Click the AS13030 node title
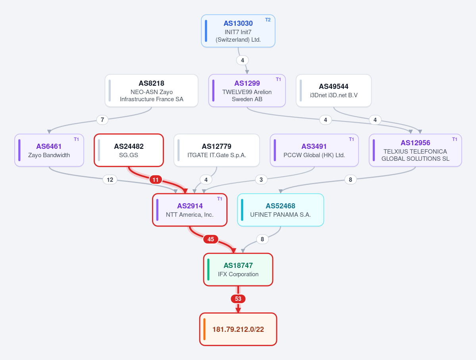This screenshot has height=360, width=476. (238, 23)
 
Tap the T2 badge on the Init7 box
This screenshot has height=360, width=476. (268, 20)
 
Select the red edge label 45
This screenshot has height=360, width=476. (211, 239)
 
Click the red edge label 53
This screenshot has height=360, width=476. (238, 299)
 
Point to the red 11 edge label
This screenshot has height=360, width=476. (156, 180)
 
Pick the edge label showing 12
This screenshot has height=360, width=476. (110, 180)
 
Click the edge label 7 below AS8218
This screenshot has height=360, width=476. (102, 120)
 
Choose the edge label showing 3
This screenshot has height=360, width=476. (261, 180)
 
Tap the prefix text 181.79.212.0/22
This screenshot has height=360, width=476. (238, 329)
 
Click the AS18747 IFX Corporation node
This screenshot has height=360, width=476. (238, 270)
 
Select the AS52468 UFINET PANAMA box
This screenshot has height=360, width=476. (281, 210)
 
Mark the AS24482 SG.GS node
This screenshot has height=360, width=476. (129, 150)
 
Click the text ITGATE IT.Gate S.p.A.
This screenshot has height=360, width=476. (217, 155)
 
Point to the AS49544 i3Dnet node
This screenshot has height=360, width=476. (333, 90)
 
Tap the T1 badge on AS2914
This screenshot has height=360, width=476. (220, 199)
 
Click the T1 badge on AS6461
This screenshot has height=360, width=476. (76, 139)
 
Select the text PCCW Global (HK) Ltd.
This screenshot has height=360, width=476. (314, 155)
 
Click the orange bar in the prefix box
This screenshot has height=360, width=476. (204, 329)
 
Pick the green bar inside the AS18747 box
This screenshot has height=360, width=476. (208, 270)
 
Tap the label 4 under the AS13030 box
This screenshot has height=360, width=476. (242, 60)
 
